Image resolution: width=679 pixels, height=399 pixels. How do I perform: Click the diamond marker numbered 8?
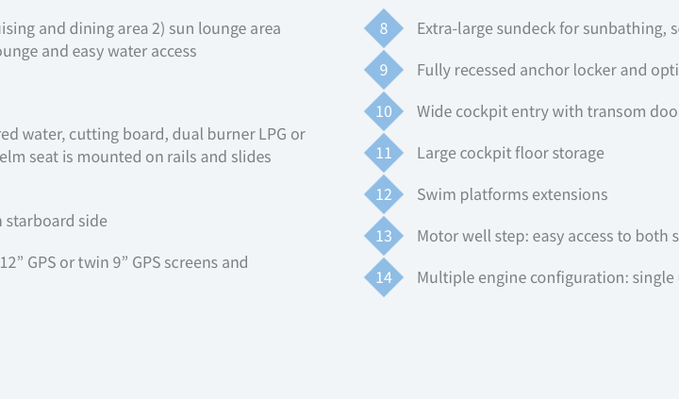384,28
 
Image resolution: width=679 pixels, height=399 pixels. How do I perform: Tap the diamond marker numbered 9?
384,70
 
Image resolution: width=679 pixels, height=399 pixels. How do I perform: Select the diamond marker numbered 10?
384,111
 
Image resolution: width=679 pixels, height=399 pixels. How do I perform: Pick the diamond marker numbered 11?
384,153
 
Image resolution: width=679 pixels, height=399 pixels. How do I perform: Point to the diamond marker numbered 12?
384,194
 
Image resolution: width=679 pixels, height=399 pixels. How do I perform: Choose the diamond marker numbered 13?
384,236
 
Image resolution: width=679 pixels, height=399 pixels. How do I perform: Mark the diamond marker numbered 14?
384,277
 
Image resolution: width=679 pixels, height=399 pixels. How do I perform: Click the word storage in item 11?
574,154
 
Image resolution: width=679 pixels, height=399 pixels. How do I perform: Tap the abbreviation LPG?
273,134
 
